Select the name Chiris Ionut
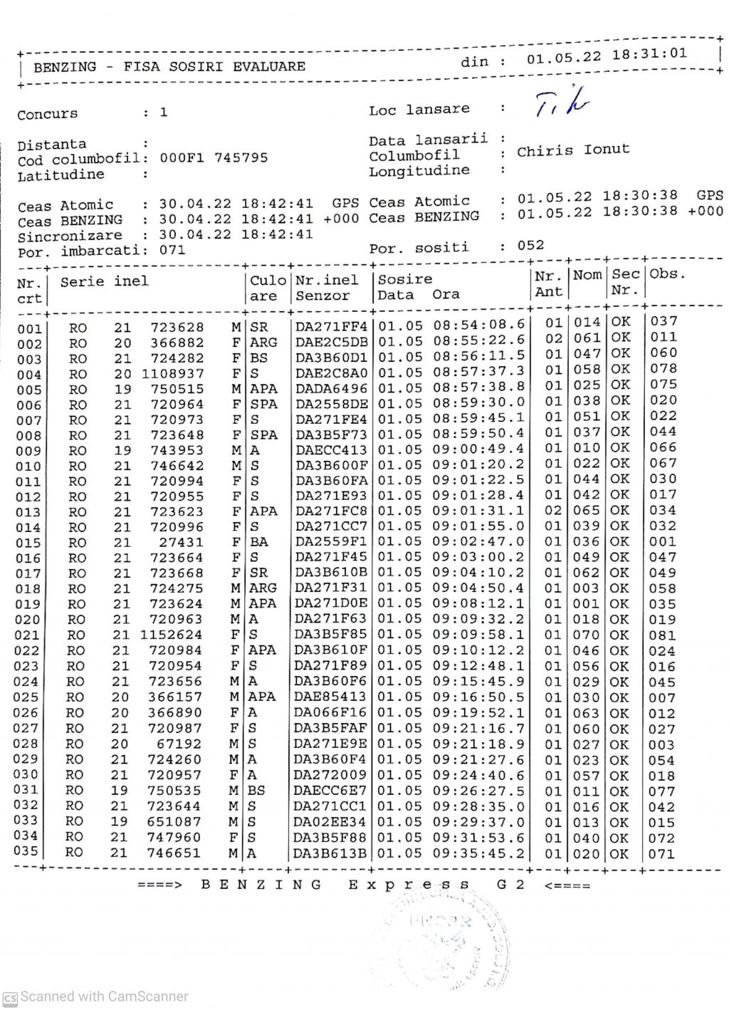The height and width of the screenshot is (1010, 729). (x=573, y=150)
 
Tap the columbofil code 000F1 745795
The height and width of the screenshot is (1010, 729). (x=214, y=158)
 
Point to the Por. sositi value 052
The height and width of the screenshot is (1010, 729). (x=530, y=246)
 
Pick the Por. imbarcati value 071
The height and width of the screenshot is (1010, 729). (x=172, y=250)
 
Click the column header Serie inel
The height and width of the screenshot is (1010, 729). (x=105, y=281)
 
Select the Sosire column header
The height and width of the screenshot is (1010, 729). (x=405, y=279)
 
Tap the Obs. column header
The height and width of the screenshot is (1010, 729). (x=666, y=274)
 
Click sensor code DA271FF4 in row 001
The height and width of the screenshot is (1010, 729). (x=332, y=327)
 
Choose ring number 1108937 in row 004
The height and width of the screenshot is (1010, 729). (x=172, y=373)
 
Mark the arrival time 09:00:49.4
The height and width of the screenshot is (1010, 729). (x=479, y=449)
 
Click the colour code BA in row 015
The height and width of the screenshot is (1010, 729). (x=258, y=542)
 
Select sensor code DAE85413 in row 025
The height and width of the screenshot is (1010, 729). (x=330, y=697)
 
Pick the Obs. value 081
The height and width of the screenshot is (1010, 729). (x=662, y=635)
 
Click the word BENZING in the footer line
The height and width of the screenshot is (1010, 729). (x=261, y=885)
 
